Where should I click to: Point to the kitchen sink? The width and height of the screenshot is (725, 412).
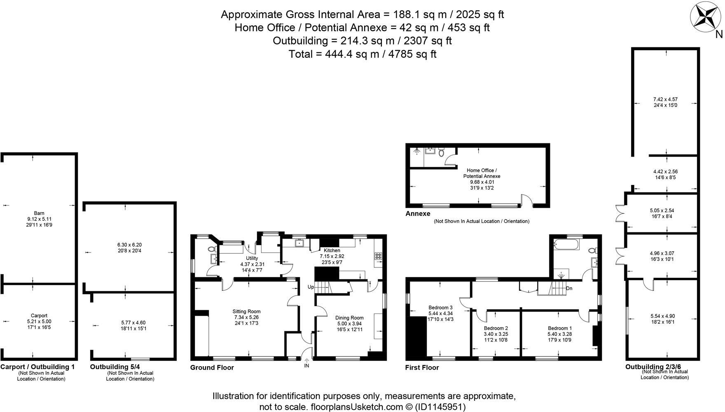click(x=299, y=243)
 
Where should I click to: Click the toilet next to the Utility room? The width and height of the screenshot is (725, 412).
click(x=212, y=249)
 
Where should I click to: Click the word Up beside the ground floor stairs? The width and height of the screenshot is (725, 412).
click(x=311, y=287)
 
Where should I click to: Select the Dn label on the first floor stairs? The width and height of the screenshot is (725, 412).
click(x=569, y=288)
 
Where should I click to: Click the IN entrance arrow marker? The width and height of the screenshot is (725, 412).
click(x=306, y=362)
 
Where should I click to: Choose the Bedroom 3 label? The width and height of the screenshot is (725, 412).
click(x=440, y=308)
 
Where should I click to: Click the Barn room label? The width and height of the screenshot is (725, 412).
click(x=39, y=213)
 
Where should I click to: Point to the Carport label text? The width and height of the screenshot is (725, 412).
click(x=39, y=316)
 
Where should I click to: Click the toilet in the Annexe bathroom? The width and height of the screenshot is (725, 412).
click(x=442, y=153)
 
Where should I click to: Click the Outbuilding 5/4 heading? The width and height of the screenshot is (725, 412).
click(x=115, y=367)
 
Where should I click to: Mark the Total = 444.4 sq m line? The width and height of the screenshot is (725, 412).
click(x=362, y=54)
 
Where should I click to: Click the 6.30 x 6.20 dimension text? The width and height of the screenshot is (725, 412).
click(x=129, y=245)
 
